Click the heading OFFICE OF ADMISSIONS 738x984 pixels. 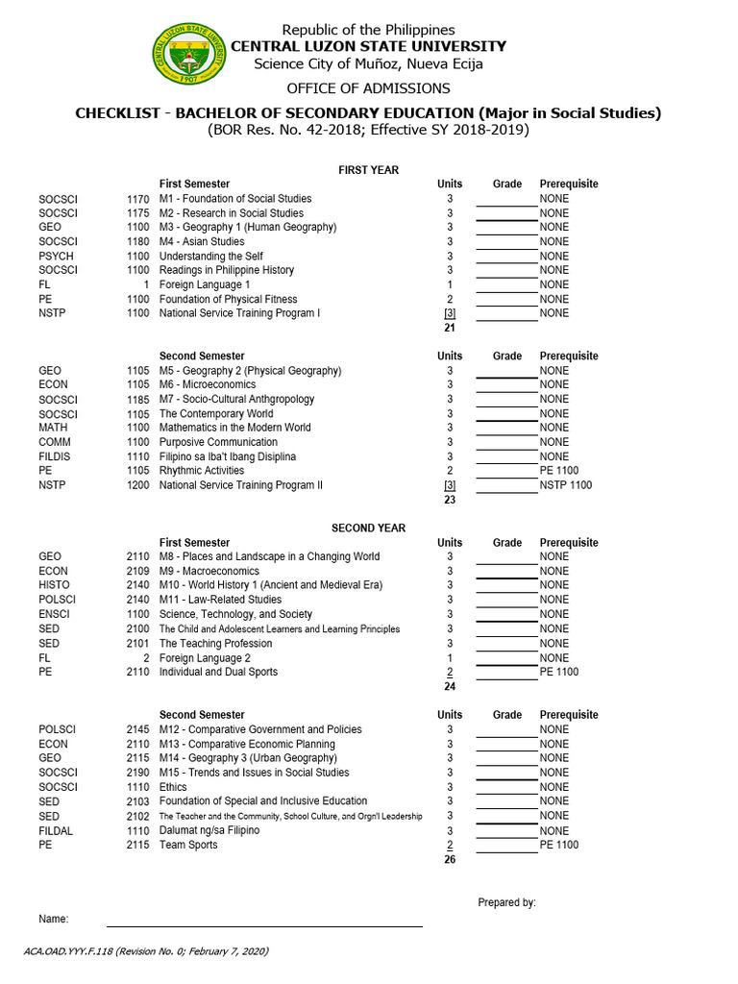coord(368,88)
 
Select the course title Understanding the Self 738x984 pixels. coord(210,257)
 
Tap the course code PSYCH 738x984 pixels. coord(56,257)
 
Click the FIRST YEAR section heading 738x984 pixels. coord(368,170)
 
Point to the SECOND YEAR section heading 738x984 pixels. coord(368,529)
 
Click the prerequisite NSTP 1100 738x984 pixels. coord(566,485)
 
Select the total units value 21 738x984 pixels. coord(449,329)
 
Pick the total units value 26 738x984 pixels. coord(449,860)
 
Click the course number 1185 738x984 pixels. coord(137,400)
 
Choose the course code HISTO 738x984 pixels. coord(54,585)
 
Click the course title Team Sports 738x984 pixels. coord(188,846)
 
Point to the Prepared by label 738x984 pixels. coord(506,902)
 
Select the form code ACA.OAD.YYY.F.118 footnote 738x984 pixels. coord(146,951)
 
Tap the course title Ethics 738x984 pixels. coord(173,787)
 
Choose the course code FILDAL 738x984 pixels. coord(56,831)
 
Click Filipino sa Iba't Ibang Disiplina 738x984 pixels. coord(228,456)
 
